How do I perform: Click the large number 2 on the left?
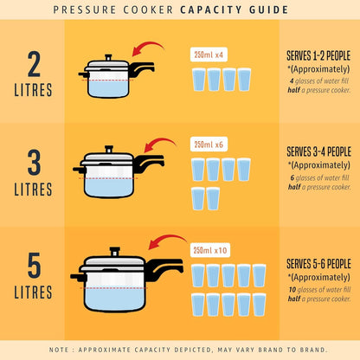click(x=33, y=64)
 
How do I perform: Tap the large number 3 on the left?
click(x=33, y=162)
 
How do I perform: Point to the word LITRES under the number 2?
click(x=33, y=91)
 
